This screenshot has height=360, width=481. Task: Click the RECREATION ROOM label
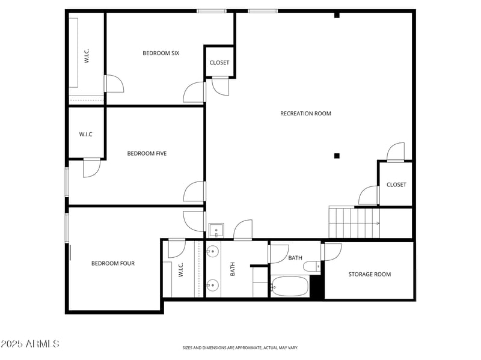[305, 114]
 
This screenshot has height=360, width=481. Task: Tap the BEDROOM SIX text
[161, 53]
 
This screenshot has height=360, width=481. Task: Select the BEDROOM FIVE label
[147, 154]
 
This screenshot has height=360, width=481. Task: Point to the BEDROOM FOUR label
[113, 263]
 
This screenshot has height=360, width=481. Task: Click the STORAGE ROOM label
[369, 275]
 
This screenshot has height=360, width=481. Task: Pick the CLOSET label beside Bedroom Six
[219, 63]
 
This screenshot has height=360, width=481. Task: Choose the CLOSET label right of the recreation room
[396, 185]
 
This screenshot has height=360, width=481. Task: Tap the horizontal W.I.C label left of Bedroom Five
[85, 134]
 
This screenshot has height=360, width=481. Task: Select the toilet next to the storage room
[311, 266]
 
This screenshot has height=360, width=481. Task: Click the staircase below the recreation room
[354, 222]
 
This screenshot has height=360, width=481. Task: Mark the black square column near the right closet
[337, 156]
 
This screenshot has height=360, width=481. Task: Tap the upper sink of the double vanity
[212, 252]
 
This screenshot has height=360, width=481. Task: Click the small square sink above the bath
[216, 230]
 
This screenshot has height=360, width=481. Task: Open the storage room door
[332, 251]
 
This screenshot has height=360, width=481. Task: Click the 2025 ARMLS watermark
[30, 344]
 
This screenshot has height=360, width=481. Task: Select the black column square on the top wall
[337, 15]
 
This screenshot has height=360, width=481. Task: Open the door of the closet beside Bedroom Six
[221, 85]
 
